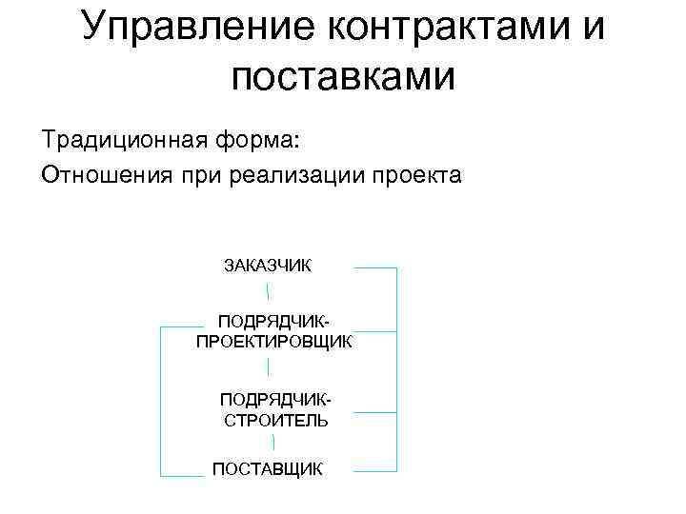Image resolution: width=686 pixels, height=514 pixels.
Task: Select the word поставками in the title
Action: [x=343, y=76]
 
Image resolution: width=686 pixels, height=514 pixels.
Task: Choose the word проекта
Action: [x=415, y=176]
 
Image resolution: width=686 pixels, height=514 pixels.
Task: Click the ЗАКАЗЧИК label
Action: [x=267, y=265]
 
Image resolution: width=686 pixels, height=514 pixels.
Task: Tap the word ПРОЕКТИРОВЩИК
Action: [x=274, y=341]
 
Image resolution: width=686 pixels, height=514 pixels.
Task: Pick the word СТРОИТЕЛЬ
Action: [x=276, y=420]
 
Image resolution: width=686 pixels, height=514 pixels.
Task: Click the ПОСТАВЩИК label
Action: [x=268, y=469]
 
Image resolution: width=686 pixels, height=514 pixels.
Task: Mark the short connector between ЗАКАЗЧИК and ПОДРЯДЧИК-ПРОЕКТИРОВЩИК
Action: [x=268, y=291]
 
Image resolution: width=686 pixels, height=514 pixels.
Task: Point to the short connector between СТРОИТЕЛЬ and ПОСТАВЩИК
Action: [x=274, y=442]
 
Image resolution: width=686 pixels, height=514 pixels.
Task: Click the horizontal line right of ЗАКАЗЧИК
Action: [x=375, y=268]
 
